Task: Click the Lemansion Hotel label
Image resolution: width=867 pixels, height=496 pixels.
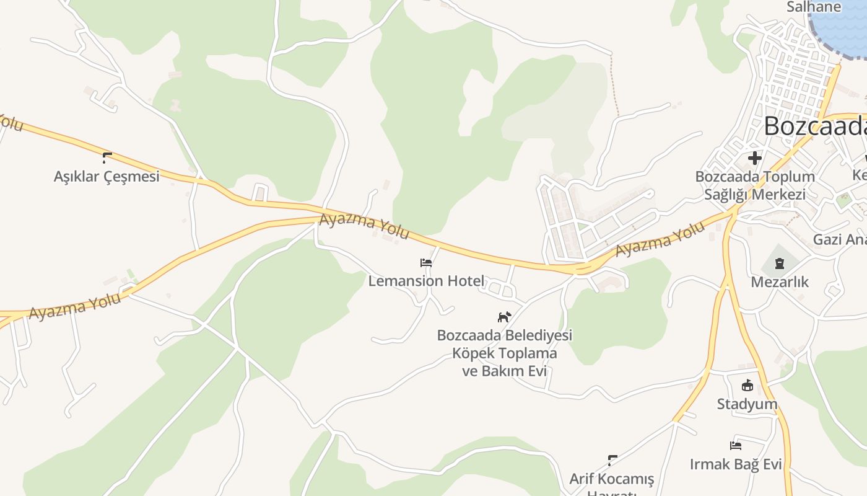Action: coord(426,281)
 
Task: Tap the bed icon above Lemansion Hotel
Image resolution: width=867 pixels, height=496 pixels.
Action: coord(426,262)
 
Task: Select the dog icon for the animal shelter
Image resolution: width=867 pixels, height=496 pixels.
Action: coord(505,317)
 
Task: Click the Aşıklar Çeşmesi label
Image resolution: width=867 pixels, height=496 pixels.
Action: coord(107,176)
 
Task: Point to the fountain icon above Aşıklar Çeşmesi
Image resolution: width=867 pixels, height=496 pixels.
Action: coord(107,157)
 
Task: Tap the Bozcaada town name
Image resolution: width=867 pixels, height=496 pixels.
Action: coord(814,126)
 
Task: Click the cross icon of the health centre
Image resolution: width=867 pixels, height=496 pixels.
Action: coord(754,157)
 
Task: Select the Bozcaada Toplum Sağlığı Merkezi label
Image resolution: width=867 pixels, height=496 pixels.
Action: coord(754,185)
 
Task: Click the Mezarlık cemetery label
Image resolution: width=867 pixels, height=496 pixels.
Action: coord(780,282)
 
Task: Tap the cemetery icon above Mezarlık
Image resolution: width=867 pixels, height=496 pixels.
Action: coord(779,263)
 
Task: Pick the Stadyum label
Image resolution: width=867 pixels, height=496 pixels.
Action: coord(747,404)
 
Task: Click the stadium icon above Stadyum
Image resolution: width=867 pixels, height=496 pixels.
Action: coord(747,386)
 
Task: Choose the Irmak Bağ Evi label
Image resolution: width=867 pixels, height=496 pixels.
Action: coord(736,464)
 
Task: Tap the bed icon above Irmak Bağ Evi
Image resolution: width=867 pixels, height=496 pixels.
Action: coord(736,445)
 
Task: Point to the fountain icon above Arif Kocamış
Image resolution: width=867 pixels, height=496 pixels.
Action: coord(612,460)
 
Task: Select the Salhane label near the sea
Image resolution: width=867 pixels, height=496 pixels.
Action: coord(814,7)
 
